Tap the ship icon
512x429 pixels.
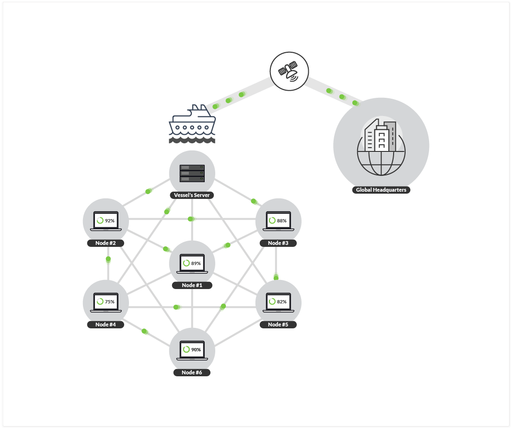pos(192,124)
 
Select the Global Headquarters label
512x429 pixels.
pos(381,190)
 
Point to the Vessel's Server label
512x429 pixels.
pos(192,195)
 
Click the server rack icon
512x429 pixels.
pos(192,173)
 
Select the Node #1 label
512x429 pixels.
pos(192,285)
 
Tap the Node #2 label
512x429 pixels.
pos(105,243)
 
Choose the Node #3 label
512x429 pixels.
pos(278,243)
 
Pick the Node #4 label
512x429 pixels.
pos(105,325)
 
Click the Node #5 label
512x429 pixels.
pos(278,325)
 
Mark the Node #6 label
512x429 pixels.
pos(192,372)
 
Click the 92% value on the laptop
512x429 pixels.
pos(110,221)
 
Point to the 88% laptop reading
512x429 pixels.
pos(282,221)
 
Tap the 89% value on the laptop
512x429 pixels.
pos(196,263)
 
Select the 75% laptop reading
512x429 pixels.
pos(110,302)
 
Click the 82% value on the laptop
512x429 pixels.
pos(282,302)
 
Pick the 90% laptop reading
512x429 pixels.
pos(196,350)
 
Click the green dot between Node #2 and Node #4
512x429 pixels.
pos(108,259)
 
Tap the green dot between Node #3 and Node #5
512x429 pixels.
pos(276,277)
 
